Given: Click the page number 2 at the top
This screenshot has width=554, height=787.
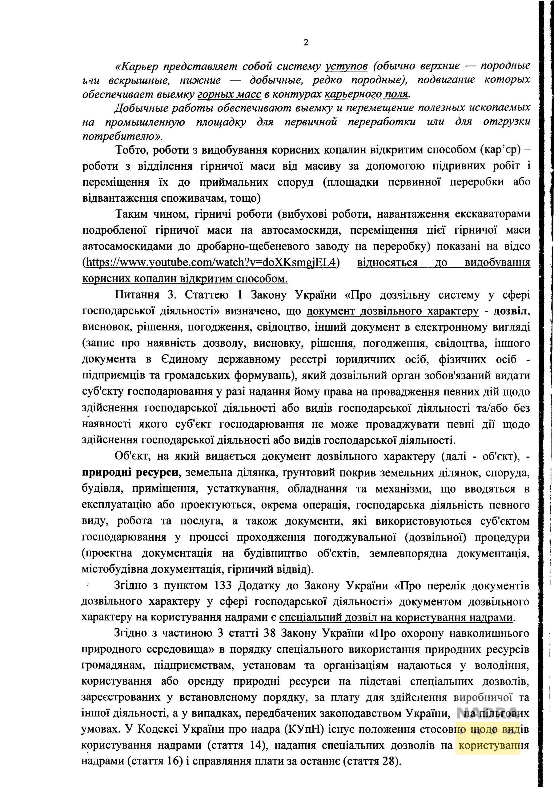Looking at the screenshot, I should (x=306, y=42).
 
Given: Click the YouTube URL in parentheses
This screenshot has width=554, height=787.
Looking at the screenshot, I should (x=211, y=263).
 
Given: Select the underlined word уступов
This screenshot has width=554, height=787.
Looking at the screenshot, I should (x=346, y=65).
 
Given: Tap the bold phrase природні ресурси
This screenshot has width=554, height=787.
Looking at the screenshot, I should (x=130, y=472).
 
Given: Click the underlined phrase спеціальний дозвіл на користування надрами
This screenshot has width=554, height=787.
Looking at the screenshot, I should (x=396, y=618).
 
